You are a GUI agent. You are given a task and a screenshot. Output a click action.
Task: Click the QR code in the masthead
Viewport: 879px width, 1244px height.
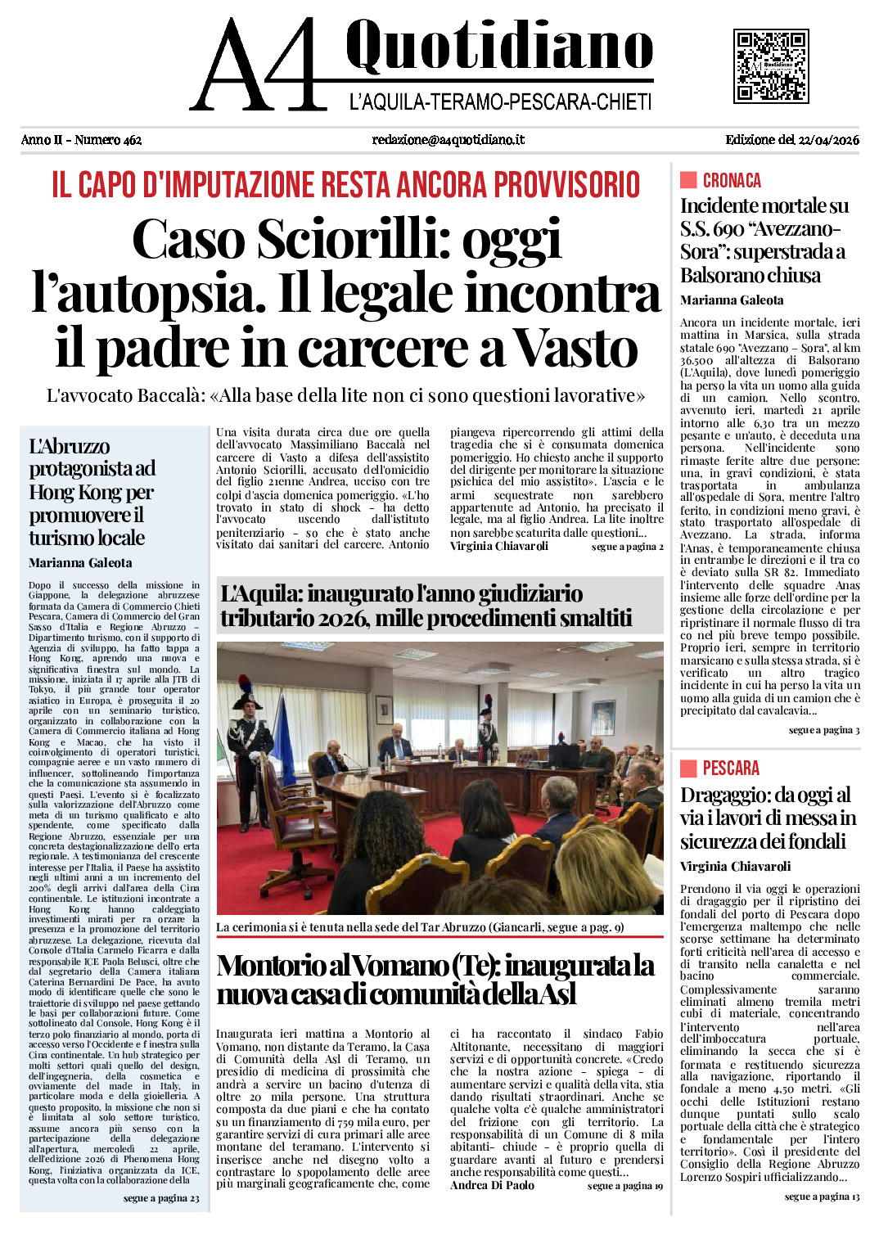pos(770,65)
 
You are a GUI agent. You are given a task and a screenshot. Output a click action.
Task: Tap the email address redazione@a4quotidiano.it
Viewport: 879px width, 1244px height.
pos(448,140)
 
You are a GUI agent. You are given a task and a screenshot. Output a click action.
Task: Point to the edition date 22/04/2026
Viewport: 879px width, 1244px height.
pos(829,140)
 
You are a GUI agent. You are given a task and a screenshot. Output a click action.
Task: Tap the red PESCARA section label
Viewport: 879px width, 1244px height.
pos(731,768)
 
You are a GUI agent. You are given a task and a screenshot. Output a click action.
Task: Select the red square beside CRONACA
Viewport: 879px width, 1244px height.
pos(688,180)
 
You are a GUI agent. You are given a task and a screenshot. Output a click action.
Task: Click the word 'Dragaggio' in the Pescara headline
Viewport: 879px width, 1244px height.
pos(725,795)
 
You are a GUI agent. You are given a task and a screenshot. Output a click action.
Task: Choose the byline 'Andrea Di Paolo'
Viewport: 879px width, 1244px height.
pos(492,1185)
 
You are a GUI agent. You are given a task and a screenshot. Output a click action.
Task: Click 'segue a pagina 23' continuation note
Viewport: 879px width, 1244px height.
pos(161,1198)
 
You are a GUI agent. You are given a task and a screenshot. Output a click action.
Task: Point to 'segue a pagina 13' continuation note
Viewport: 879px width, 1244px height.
pos(822,1197)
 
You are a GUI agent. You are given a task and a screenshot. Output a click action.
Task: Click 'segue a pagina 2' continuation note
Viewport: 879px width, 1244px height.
pos(627,547)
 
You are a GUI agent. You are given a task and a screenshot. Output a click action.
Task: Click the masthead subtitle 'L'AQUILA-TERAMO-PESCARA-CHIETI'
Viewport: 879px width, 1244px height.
pos(500,102)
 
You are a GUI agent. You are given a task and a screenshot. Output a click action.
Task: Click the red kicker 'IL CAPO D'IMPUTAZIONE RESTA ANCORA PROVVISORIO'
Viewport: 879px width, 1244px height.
pos(345,185)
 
